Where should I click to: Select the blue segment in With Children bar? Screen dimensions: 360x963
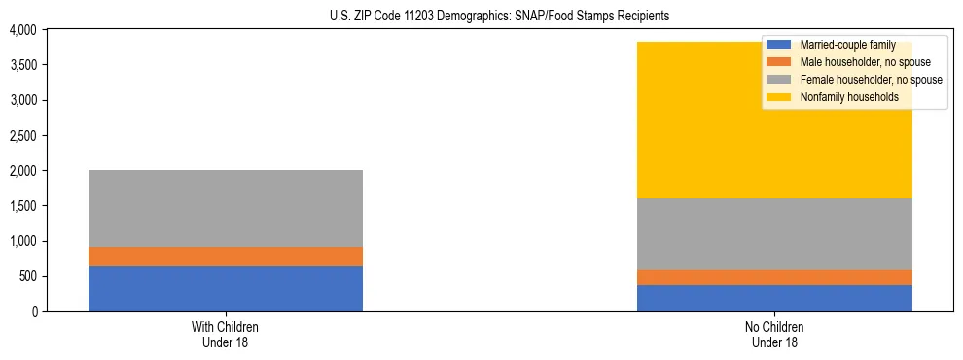point(226,288)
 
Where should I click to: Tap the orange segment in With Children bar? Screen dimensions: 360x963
point(226,256)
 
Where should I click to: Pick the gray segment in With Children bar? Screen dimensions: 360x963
point(226,208)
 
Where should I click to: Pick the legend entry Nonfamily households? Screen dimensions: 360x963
point(842,97)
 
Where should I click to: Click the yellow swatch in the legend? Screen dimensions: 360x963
point(778,97)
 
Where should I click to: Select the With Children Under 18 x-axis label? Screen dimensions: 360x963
point(226,334)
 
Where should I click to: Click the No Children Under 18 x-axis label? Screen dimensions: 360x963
point(774,334)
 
